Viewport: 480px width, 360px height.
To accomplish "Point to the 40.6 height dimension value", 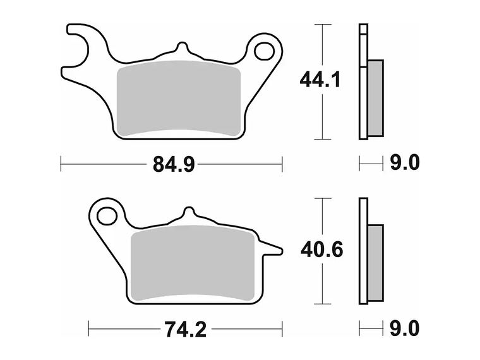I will (322, 250).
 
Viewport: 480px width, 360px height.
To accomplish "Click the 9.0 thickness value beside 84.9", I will (404, 164).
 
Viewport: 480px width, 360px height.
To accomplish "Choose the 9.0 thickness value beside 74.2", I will (404, 329).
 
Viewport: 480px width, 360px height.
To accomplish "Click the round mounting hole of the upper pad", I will (264, 50).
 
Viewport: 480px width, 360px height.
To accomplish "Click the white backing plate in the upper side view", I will (363, 82).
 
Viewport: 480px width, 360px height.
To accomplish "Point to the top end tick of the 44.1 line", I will (323, 25).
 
